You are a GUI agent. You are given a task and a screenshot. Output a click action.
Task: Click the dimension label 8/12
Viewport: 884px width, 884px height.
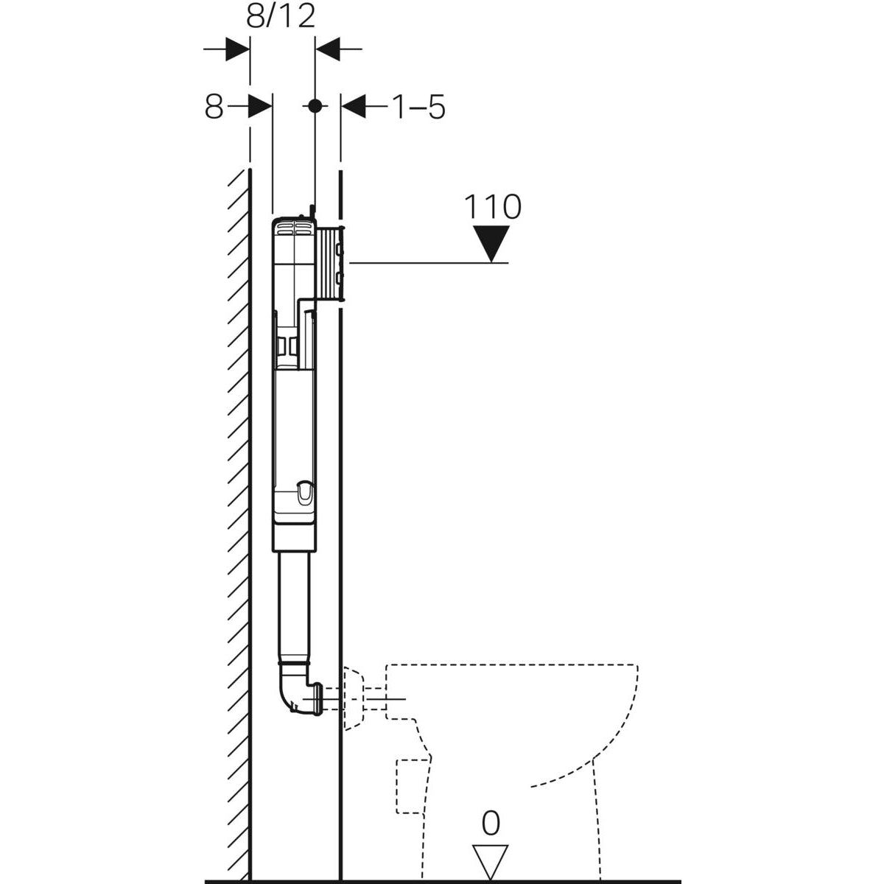point(281,15)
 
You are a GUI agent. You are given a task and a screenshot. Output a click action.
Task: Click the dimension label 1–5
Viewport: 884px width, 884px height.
point(418,108)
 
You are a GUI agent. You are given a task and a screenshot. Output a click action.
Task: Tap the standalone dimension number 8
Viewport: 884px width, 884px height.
point(214,108)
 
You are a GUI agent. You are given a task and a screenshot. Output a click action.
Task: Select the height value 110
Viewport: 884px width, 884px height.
point(492,207)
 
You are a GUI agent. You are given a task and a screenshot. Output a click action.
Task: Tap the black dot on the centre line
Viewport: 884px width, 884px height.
point(315,106)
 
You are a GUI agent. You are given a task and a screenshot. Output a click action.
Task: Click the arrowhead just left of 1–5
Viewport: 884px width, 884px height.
point(354,107)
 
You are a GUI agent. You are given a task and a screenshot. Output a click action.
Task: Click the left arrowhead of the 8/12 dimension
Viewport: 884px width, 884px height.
point(237,49)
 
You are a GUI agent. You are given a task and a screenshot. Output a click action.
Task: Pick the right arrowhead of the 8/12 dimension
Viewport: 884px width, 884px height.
point(328,49)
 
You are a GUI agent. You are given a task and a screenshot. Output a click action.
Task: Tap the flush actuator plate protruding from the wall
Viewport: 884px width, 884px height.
point(331,262)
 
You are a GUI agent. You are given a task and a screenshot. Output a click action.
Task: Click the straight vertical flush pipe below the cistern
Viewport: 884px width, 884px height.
point(295,604)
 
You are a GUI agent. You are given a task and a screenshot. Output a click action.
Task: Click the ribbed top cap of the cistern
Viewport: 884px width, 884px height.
point(292,226)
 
